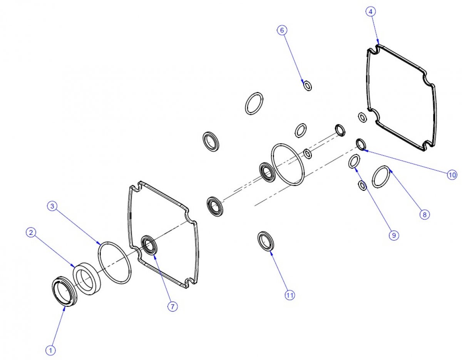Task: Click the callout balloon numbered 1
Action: [x=50, y=350]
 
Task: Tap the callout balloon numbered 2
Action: [x=31, y=233]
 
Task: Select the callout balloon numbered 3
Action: [x=52, y=206]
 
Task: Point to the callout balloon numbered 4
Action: [x=371, y=12]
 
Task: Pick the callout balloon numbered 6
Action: [x=282, y=30]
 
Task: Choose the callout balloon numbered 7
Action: [x=172, y=306]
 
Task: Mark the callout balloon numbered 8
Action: [x=425, y=214]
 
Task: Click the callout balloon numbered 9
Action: [x=394, y=235]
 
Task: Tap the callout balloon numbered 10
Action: [x=452, y=175]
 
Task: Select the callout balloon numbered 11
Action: [x=290, y=295]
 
